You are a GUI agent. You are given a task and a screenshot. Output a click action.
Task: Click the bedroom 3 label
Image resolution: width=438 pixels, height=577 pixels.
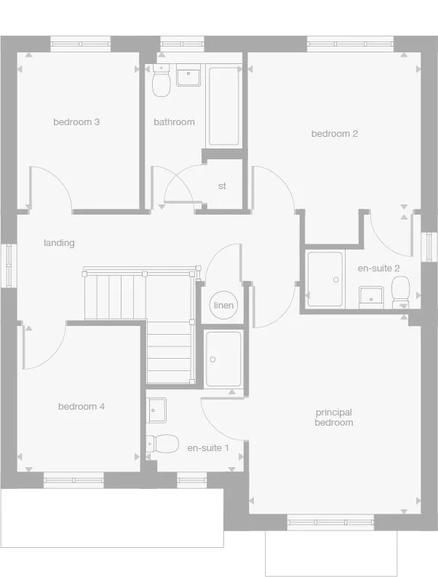pyautogui.click(x=76, y=122)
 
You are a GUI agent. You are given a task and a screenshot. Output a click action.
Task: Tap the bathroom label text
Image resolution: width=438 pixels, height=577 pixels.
pyautogui.click(x=174, y=122)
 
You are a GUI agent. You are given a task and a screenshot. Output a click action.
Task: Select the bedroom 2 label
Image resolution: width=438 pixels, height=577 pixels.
pyautogui.click(x=334, y=134)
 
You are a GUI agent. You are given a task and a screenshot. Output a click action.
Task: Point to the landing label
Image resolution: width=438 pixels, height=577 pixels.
pyautogui.click(x=59, y=243)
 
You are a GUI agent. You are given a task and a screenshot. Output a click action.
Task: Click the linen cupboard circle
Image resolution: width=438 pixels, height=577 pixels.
pyautogui.click(x=223, y=305)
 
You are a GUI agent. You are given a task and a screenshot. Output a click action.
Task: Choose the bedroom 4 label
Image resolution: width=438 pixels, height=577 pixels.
pyautogui.click(x=81, y=407)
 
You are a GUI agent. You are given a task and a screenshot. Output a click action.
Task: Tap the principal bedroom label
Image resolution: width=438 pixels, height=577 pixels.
pyautogui.click(x=334, y=418)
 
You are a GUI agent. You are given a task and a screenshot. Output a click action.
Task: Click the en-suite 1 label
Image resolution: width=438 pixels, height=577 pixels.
pyautogui.click(x=208, y=448)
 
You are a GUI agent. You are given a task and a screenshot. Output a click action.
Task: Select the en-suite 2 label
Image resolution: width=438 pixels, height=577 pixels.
pyautogui.click(x=378, y=268)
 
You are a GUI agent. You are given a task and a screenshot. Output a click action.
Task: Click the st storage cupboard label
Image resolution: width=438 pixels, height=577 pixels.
pyautogui.click(x=222, y=186)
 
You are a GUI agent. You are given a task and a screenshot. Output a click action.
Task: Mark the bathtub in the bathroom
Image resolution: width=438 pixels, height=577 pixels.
pyautogui.click(x=224, y=107)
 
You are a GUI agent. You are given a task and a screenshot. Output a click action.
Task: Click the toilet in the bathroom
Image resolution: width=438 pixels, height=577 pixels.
pyautogui.click(x=161, y=81)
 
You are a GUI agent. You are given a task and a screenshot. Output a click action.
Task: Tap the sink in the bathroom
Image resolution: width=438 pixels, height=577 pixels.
pyautogui.click(x=189, y=75)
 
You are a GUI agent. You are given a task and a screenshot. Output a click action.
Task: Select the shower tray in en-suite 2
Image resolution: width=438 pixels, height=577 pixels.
pyautogui.click(x=324, y=279)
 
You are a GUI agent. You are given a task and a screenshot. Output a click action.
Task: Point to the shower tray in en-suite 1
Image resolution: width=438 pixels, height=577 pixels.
pyautogui.click(x=223, y=359)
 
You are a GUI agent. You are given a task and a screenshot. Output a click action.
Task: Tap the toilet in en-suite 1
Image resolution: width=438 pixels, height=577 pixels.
pyautogui.click(x=164, y=443)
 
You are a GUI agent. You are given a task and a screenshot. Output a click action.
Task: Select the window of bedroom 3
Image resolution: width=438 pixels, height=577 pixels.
pyautogui.click(x=80, y=44)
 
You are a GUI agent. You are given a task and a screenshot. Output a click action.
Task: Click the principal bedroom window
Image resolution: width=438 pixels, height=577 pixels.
pyautogui.click(x=331, y=522)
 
